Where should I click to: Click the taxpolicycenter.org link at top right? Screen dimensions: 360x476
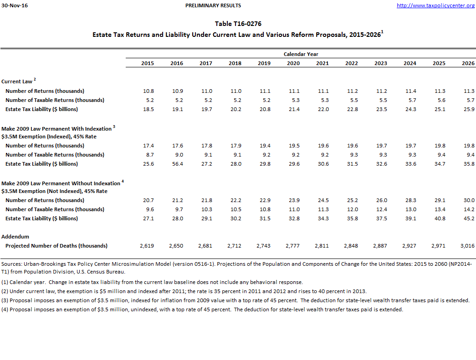(435, 5)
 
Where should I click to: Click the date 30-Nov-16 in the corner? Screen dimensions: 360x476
(14, 5)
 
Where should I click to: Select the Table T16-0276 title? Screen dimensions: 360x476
(238, 24)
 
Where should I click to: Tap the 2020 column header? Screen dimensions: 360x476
(293, 63)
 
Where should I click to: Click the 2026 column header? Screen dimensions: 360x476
(468, 63)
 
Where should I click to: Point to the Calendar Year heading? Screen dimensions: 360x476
(301, 54)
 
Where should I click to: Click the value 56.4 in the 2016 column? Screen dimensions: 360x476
(177, 164)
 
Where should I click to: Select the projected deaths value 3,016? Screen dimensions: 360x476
(467, 246)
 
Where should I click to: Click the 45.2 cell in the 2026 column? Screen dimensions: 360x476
(469, 218)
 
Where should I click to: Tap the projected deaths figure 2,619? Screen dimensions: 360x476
(146, 246)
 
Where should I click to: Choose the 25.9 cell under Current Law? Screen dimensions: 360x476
(469, 109)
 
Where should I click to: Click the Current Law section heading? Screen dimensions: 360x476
(17, 81)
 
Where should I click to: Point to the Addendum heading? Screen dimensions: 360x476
(15, 237)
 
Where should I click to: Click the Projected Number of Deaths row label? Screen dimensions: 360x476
(56, 246)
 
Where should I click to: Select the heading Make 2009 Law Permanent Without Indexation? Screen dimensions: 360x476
(61, 183)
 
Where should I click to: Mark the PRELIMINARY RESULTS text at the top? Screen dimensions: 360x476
(213, 5)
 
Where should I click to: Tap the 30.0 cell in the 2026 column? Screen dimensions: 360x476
(469, 200)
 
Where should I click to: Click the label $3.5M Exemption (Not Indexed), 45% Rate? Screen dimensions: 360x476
(54, 191)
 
